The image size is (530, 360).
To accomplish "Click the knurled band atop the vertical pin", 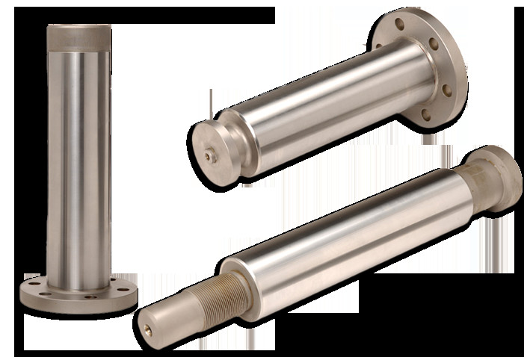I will pos(78,39).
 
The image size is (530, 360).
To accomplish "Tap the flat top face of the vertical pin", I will pos(78,27).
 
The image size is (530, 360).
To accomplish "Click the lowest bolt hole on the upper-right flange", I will pos(427,115).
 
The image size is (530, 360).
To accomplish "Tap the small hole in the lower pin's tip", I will pos(147,326).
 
